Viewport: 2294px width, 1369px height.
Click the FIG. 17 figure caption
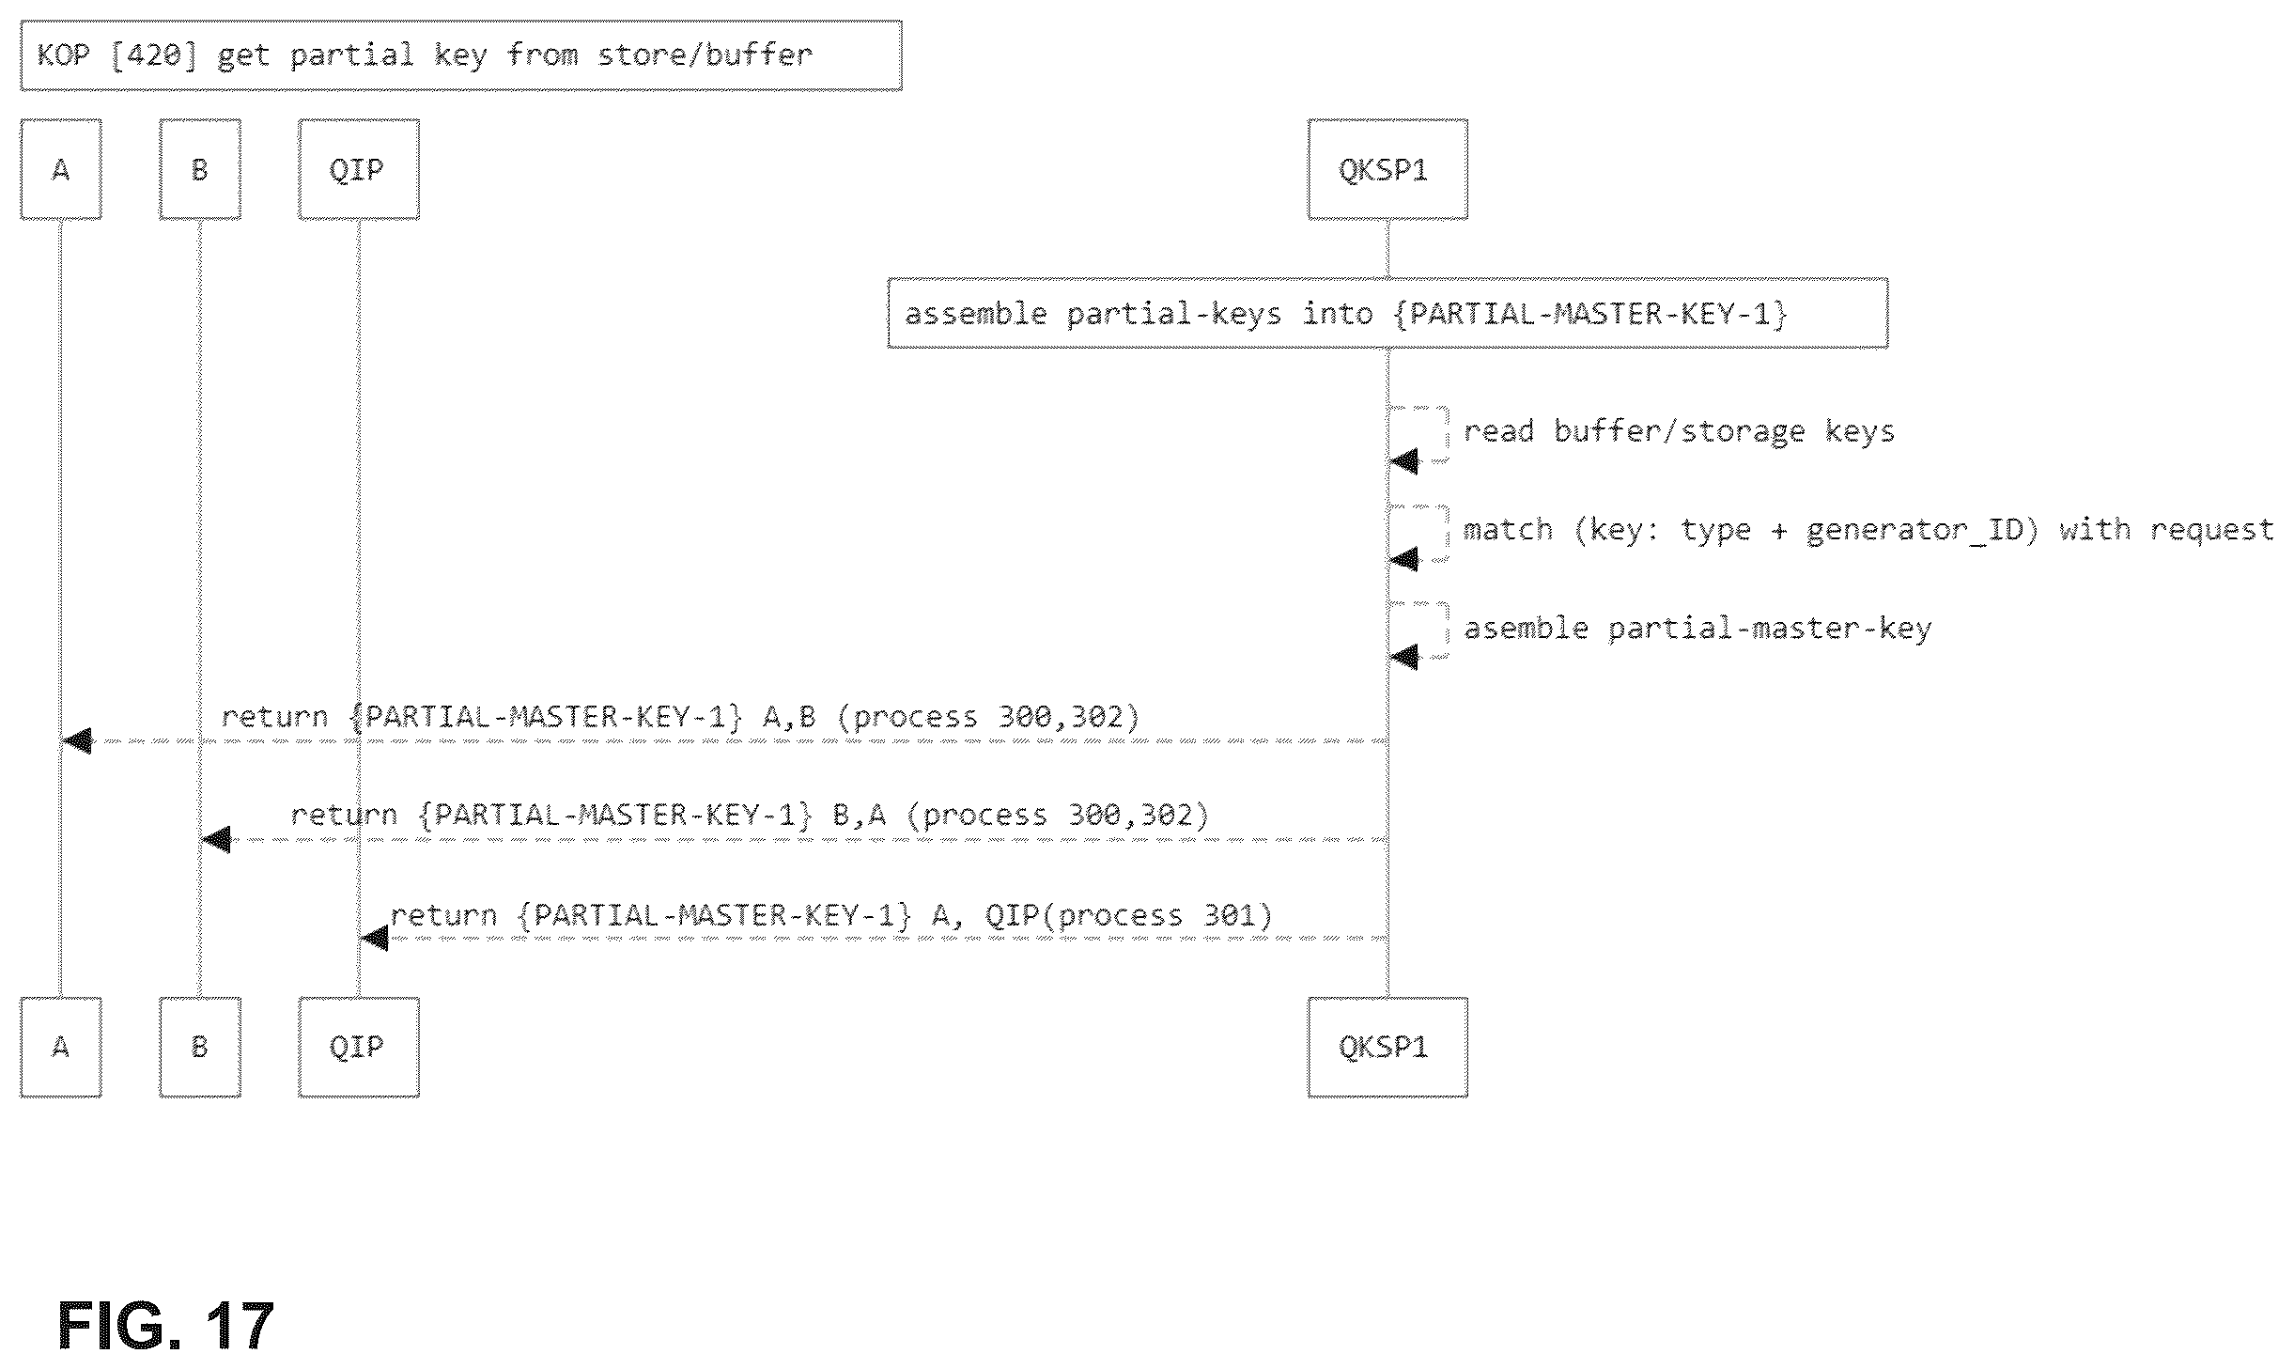click(x=165, y=1326)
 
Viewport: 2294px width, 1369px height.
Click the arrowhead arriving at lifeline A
click(x=77, y=741)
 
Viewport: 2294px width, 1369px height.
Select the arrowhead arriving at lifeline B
click(x=216, y=839)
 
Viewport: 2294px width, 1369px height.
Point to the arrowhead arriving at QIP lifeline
click(x=374, y=938)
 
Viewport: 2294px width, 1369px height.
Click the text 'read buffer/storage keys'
click(x=1679, y=431)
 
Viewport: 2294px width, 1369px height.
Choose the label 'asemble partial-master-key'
click(x=1697, y=628)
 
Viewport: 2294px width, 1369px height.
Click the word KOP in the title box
click(x=63, y=54)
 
